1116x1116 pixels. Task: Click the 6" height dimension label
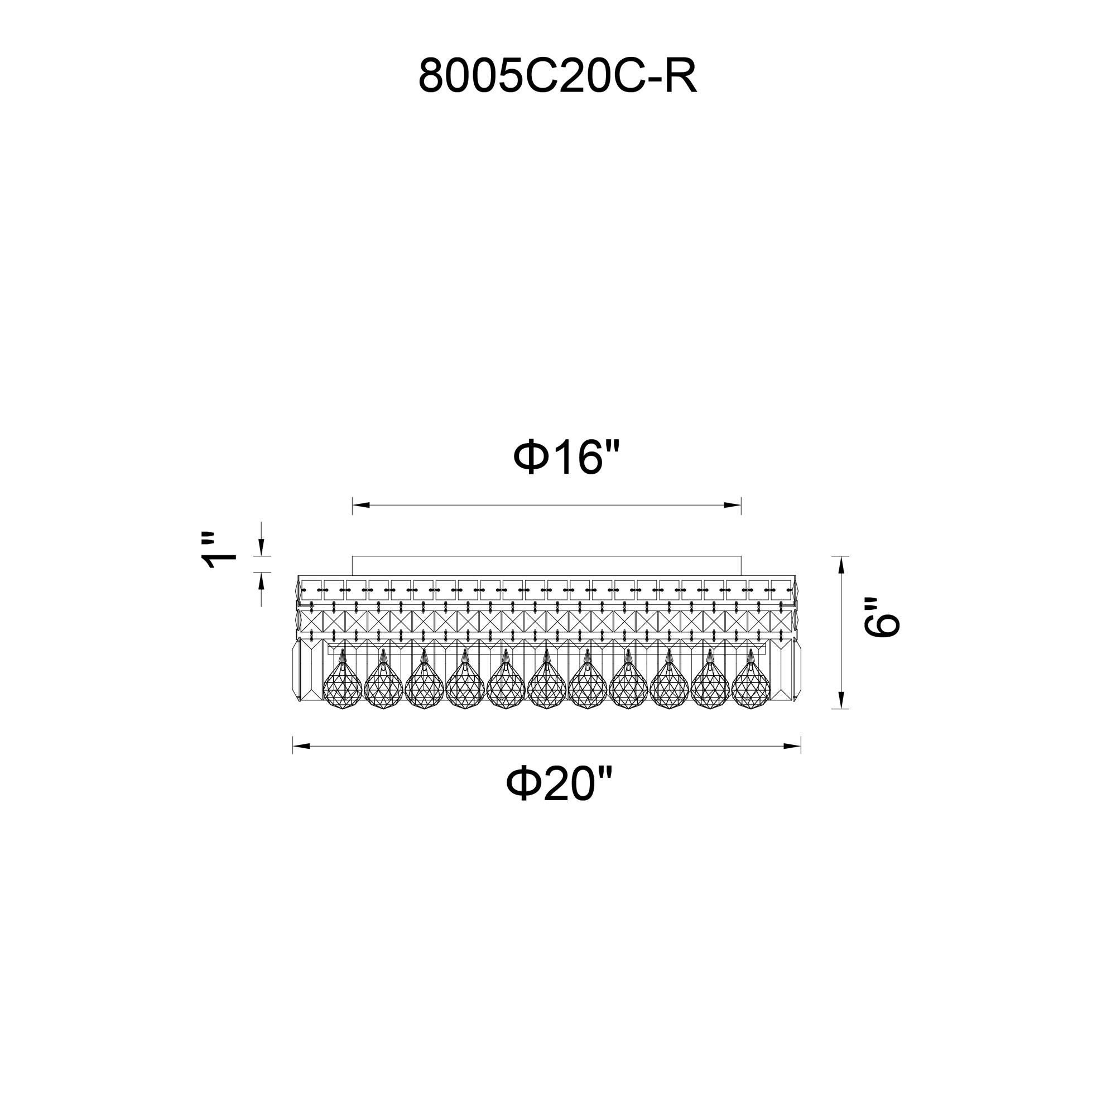click(882, 617)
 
